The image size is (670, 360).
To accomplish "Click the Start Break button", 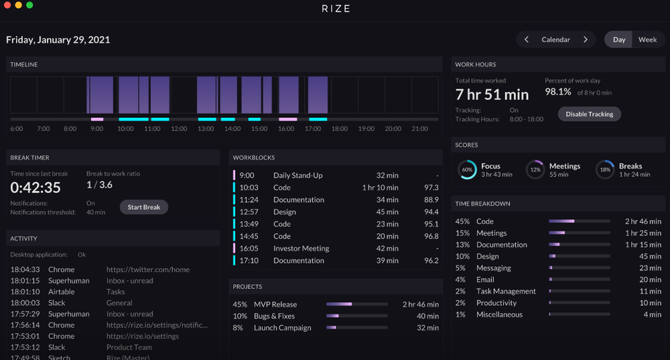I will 143,207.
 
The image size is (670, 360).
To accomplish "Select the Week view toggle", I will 647,40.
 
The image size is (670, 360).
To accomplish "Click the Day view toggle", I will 619,40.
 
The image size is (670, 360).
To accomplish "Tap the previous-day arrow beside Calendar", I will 527,40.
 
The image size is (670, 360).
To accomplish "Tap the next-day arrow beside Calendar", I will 585,40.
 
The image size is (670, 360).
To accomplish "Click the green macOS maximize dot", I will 29,5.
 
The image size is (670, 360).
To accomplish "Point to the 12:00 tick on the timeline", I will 179,129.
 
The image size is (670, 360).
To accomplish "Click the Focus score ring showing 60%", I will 468,170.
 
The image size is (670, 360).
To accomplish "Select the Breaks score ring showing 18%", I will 605,170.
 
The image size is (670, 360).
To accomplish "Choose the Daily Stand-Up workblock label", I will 297,176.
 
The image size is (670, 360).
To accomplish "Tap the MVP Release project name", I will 275,304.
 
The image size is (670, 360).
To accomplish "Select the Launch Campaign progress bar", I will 356,328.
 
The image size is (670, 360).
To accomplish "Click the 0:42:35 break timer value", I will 36,188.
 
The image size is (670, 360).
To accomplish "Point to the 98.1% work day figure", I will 557,92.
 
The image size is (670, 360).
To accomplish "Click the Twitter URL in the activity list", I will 148,269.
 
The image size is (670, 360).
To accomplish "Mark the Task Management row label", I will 506,292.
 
